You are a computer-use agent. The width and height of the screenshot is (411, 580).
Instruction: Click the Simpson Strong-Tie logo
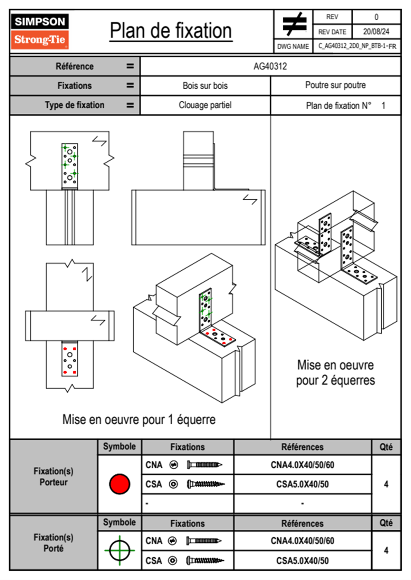[x=39, y=31]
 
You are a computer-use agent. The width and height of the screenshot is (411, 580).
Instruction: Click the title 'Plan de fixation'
[x=171, y=31]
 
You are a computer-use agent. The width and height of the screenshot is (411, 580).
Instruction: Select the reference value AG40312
[x=270, y=66]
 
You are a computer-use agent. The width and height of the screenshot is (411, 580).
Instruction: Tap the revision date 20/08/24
[x=376, y=32]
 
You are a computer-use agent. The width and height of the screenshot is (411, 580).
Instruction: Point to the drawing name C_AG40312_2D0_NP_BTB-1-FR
[x=357, y=46]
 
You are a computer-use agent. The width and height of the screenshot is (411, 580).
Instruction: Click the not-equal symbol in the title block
[x=294, y=24]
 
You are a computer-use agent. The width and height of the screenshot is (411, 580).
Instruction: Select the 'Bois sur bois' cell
[x=205, y=86]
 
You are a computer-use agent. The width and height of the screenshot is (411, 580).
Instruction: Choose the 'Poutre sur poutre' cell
[x=335, y=85]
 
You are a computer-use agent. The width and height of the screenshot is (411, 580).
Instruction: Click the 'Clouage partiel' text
[x=205, y=105]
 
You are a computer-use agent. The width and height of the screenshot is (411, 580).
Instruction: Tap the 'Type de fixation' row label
[x=74, y=105]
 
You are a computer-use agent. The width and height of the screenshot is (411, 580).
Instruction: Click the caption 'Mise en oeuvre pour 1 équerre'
[x=139, y=419]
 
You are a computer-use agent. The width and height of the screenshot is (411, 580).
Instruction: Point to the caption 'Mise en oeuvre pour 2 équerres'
[x=335, y=372]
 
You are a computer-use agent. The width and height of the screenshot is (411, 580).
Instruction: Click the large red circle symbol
[x=120, y=484]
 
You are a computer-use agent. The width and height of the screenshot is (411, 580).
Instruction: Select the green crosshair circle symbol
[x=120, y=550]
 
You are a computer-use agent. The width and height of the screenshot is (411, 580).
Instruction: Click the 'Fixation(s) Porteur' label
[x=54, y=477]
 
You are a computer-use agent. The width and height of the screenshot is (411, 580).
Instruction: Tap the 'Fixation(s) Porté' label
[x=54, y=543]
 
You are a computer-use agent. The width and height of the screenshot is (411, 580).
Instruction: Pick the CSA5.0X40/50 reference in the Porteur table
[x=302, y=484]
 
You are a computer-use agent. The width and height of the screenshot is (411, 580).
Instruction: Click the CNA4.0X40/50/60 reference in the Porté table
[x=302, y=541]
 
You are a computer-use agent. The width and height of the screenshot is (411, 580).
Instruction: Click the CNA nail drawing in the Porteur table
[x=204, y=465]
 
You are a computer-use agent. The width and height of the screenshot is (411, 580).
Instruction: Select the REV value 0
[x=376, y=17]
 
